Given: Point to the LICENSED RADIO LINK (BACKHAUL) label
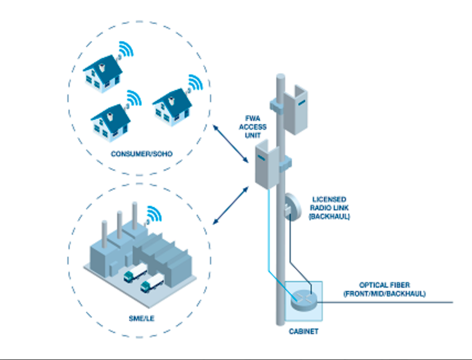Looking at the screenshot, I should [330, 208].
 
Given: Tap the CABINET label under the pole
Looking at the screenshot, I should [303, 332].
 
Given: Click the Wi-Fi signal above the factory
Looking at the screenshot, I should [156, 213].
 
